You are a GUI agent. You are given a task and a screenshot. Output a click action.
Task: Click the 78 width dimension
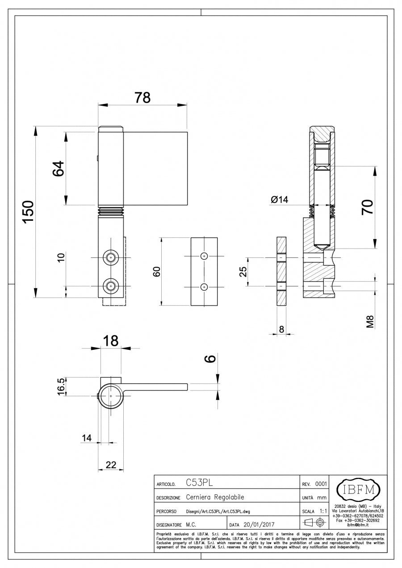click(142, 97)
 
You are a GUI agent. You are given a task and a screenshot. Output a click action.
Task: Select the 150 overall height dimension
click(28, 212)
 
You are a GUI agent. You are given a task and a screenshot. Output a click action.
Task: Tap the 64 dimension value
click(59, 168)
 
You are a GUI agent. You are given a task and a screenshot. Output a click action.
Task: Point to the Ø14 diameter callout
click(280, 200)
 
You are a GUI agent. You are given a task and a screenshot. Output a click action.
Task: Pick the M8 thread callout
click(371, 322)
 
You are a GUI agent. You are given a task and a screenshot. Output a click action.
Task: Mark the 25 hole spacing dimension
click(243, 272)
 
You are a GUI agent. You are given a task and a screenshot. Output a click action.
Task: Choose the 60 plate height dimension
click(157, 272)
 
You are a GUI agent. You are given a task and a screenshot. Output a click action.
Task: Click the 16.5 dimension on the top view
click(61, 387)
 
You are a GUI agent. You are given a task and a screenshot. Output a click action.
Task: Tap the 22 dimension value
click(111, 465)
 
